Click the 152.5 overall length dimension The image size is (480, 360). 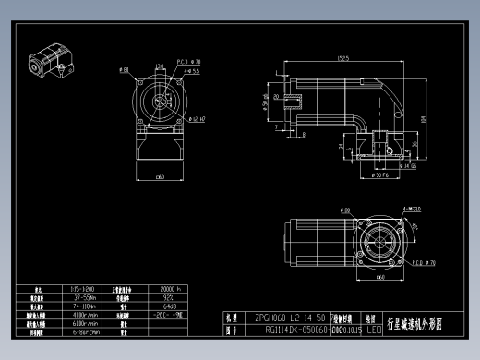coord(342,59)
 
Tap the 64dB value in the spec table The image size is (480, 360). coord(170,306)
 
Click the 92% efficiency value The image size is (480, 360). coord(170,297)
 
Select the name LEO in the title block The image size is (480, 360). coord(374,328)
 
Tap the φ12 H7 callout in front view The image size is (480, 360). coord(196,118)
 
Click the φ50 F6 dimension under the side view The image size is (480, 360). coord(379,173)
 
